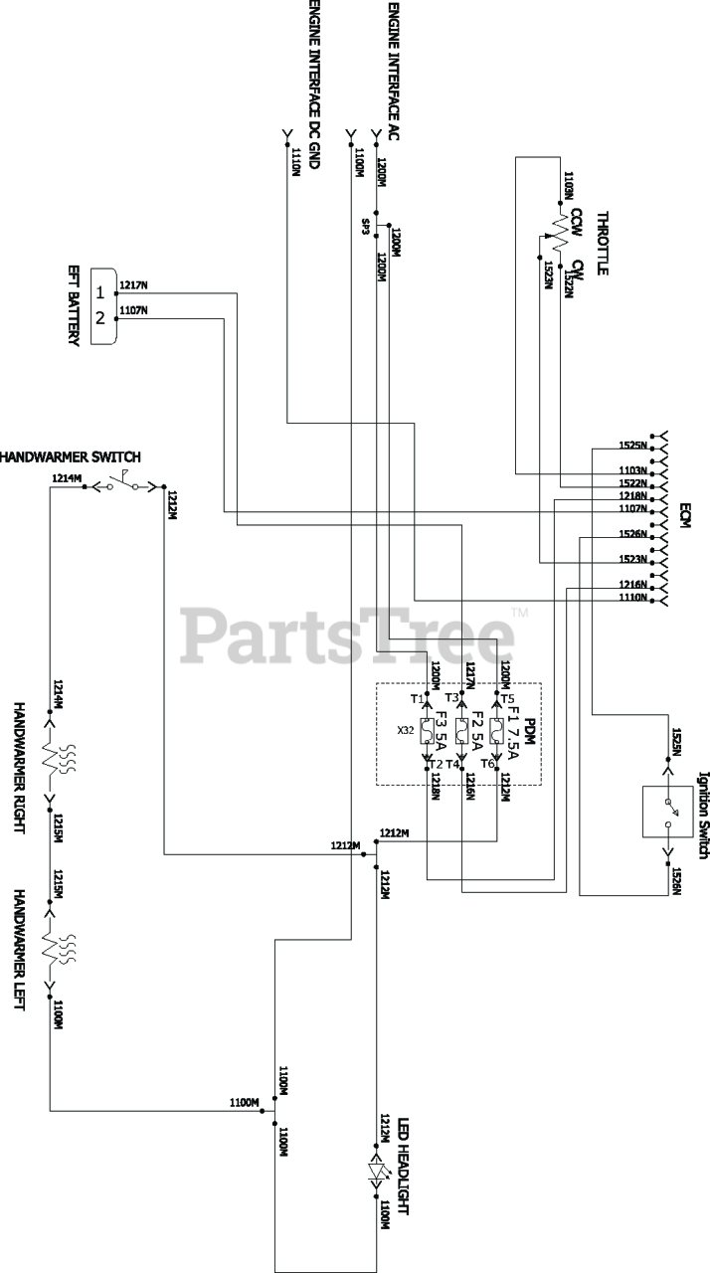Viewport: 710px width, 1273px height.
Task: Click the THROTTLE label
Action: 603,243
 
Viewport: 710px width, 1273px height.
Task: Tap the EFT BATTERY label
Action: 74,305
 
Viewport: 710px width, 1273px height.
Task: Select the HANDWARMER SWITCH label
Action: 70,457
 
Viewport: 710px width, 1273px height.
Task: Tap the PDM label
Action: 530,735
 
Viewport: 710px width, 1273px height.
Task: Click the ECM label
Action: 685,518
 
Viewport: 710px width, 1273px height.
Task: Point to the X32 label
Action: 406,731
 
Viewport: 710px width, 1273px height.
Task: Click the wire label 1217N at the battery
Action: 133,285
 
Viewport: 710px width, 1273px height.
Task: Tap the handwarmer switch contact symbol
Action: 124,484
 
